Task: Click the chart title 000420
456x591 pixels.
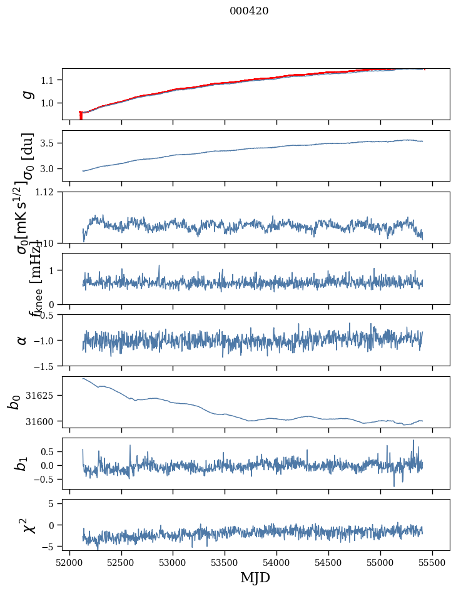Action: [249, 11]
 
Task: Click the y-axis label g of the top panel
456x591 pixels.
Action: [26, 94]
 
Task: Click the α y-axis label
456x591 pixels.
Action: [23, 340]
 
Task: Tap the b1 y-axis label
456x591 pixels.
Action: [23, 463]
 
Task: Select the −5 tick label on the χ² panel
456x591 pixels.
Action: [49, 547]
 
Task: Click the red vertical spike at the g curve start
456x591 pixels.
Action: [81, 116]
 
